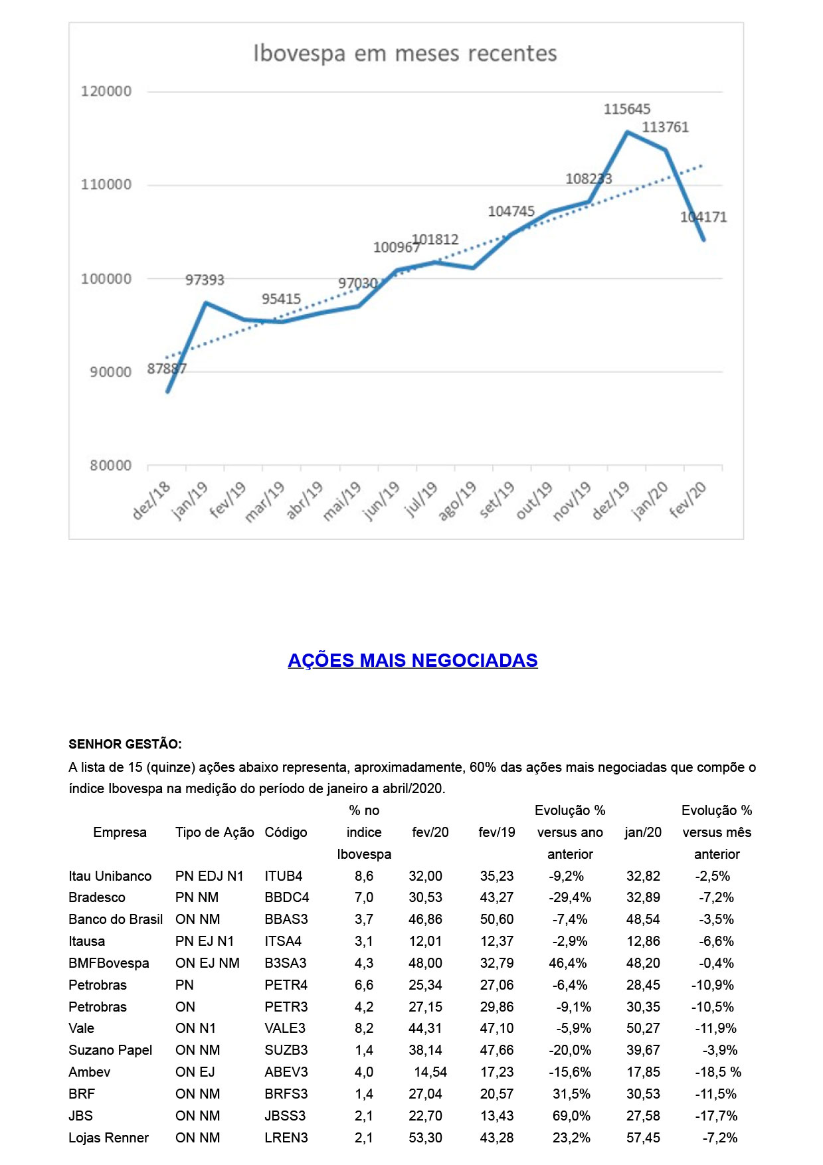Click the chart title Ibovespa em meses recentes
pyautogui.click(x=405, y=53)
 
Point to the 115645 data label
pyautogui.click(x=626, y=109)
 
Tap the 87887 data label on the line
pyautogui.click(x=167, y=369)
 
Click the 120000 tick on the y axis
pyautogui.click(x=106, y=91)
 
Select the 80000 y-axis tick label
pyautogui.click(x=110, y=466)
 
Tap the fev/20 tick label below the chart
pyautogui.click(x=688, y=500)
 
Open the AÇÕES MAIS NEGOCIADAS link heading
pyautogui.click(x=412, y=660)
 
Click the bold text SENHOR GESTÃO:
pyautogui.click(x=125, y=744)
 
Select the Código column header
pyautogui.click(x=286, y=832)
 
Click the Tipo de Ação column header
pyautogui.click(x=215, y=832)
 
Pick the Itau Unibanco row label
pyautogui.click(x=110, y=876)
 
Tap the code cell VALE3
pyautogui.click(x=285, y=1028)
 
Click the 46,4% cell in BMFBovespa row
pyautogui.click(x=570, y=963)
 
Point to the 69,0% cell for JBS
pyautogui.click(x=570, y=1116)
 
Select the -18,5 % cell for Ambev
pyautogui.click(x=717, y=1072)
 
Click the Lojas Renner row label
pyautogui.click(x=108, y=1138)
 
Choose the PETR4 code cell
pyautogui.click(x=285, y=985)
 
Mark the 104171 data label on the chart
pyautogui.click(x=703, y=217)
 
